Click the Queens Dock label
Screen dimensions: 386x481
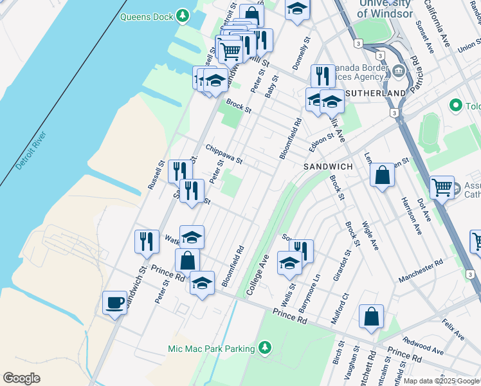click(147, 16)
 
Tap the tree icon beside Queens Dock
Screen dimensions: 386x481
click(183, 15)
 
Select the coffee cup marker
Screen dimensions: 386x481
click(114, 302)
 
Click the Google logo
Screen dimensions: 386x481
click(22, 378)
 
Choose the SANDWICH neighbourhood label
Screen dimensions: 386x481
click(328, 167)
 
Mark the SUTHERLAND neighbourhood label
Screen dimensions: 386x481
click(376, 93)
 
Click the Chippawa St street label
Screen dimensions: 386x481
click(224, 154)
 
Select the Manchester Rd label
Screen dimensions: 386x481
click(421, 270)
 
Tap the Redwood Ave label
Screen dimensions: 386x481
click(423, 345)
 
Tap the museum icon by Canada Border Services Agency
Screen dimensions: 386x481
click(399, 69)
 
